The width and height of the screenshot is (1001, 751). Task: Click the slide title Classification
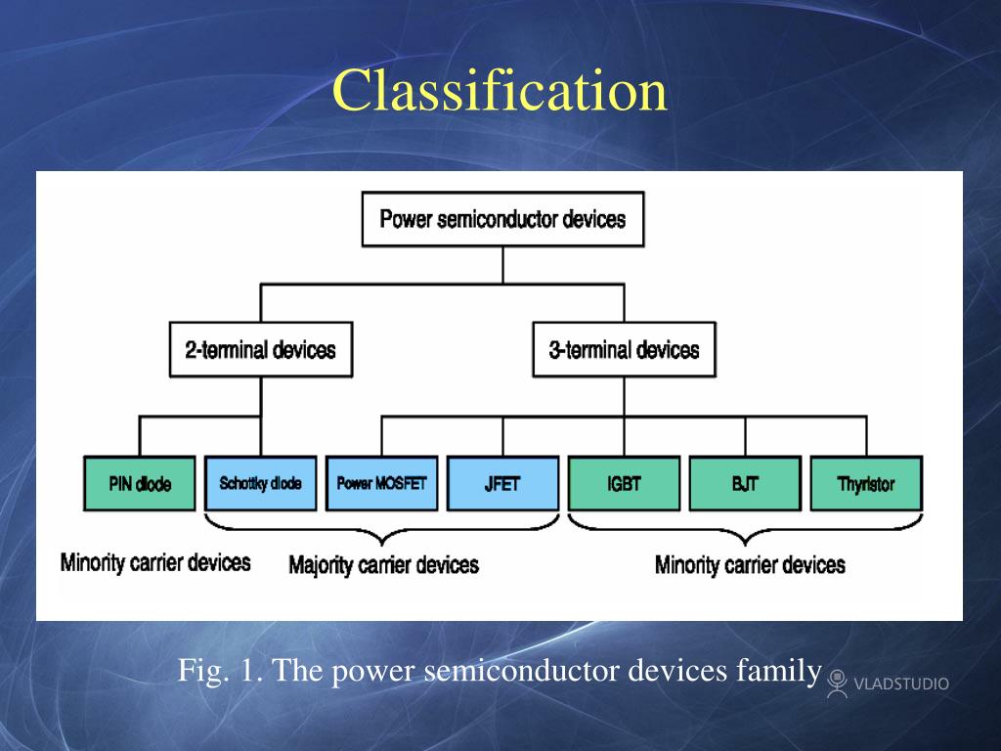coord(500,91)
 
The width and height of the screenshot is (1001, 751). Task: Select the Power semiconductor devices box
coord(502,219)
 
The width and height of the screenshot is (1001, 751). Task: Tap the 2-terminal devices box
coord(260,350)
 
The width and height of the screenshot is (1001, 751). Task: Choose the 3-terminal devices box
coord(624,350)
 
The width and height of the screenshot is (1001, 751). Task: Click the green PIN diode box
coord(140,483)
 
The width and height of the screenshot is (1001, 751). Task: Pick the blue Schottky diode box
coord(261,483)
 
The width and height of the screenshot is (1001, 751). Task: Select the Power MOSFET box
coord(381,483)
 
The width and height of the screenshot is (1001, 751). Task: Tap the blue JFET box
coord(502,483)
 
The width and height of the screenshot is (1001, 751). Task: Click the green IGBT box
coord(624,483)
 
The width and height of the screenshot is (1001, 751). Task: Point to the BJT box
coord(745,483)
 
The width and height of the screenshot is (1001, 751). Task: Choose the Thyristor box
coord(866,483)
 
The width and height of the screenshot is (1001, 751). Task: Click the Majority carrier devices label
coord(383,565)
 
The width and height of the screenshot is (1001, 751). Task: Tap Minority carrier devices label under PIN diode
coord(155,562)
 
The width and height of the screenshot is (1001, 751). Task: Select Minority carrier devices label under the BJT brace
coord(750,565)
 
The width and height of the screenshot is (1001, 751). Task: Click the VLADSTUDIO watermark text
coord(901,684)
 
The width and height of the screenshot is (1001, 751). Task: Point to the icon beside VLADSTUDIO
coord(837,682)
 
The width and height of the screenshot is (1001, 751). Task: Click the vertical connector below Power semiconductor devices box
coord(502,265)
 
